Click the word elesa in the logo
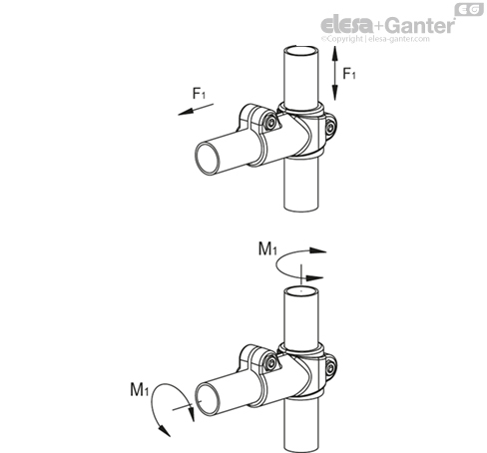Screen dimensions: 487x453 coord(346,25)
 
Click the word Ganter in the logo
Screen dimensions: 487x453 coord(421,25)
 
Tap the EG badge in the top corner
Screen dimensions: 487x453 coord(469,9)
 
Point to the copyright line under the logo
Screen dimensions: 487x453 coord(375,39)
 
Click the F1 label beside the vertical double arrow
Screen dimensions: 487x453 coord(349,73)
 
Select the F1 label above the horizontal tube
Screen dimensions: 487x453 coord(199,93)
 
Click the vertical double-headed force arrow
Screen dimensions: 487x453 coord(334,73)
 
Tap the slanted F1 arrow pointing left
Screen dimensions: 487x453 coord(196,110)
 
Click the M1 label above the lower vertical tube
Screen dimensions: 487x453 coord(267,248)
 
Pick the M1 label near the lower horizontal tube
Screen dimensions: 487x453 coord(139,389)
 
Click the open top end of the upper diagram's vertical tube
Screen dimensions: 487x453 coord(301,51)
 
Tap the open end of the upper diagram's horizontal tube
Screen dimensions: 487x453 coord(208,159)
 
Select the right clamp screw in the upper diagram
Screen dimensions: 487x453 coord(330,128)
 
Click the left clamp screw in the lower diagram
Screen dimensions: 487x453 coord(271,363)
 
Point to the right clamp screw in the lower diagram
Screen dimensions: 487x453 coord(330,368)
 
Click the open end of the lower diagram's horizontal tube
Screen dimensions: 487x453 coord(208,399)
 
